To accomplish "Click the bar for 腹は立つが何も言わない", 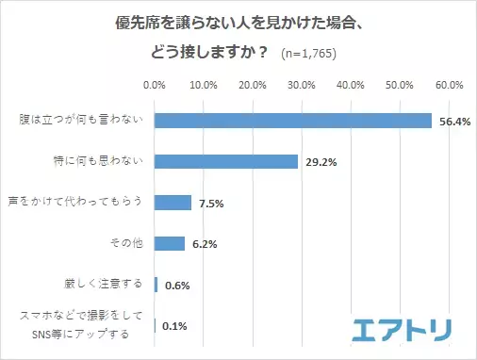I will point(292,121).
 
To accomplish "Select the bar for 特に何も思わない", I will point(226,161).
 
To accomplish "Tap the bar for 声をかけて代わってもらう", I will point(173,203).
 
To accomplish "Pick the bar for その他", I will point(170,243).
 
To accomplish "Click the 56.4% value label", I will point(454,121).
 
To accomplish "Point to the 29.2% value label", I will point(321,162).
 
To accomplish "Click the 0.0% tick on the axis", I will point(155,86).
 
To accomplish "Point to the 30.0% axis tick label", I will point(302,86).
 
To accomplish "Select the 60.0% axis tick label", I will point(449,86).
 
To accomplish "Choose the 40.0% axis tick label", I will point(351,86).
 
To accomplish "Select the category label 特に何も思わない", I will point(100,160).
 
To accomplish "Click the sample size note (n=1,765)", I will point(310,53).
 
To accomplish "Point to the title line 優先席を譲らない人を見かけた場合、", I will point(238,21).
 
